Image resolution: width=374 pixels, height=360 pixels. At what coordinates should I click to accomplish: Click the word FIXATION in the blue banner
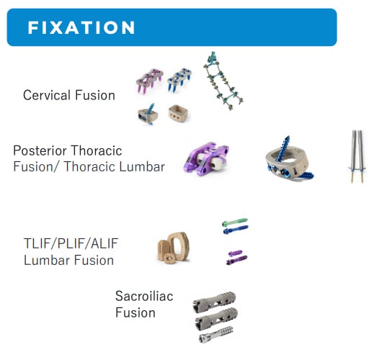coord(81,27)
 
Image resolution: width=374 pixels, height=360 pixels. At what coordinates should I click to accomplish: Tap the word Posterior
coord(40,150)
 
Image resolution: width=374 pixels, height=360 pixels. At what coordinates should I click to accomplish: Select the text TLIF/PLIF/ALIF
coord(71,243)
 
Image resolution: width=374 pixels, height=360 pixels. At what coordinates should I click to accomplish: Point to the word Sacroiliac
coord(144,296)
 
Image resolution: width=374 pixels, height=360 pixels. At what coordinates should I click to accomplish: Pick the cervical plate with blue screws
coord(179,80)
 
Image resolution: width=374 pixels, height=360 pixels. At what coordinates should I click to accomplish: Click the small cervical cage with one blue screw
coord(148,114)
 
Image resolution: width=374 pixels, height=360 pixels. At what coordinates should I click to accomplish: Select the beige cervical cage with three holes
coord(178,114)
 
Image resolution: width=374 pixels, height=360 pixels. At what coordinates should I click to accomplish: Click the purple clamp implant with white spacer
coord(206,158)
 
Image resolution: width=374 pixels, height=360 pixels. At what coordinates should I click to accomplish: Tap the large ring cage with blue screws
coord(289,161)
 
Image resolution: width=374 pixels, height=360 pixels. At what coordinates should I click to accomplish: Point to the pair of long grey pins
coord(357,157)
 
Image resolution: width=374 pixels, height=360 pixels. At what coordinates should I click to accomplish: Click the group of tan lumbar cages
coord(174,248)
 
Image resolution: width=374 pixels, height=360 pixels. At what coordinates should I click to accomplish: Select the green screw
coord(235,222)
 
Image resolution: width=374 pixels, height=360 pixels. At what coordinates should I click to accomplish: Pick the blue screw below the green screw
coord(236,230)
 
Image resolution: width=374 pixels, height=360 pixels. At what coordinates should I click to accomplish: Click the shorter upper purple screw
coord(235,253)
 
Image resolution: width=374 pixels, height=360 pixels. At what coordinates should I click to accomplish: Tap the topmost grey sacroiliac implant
coord(214,302)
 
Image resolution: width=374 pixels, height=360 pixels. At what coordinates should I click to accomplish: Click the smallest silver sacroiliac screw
coord(215,335)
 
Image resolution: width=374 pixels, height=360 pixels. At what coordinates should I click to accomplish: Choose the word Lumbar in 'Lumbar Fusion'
coord(48,261)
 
